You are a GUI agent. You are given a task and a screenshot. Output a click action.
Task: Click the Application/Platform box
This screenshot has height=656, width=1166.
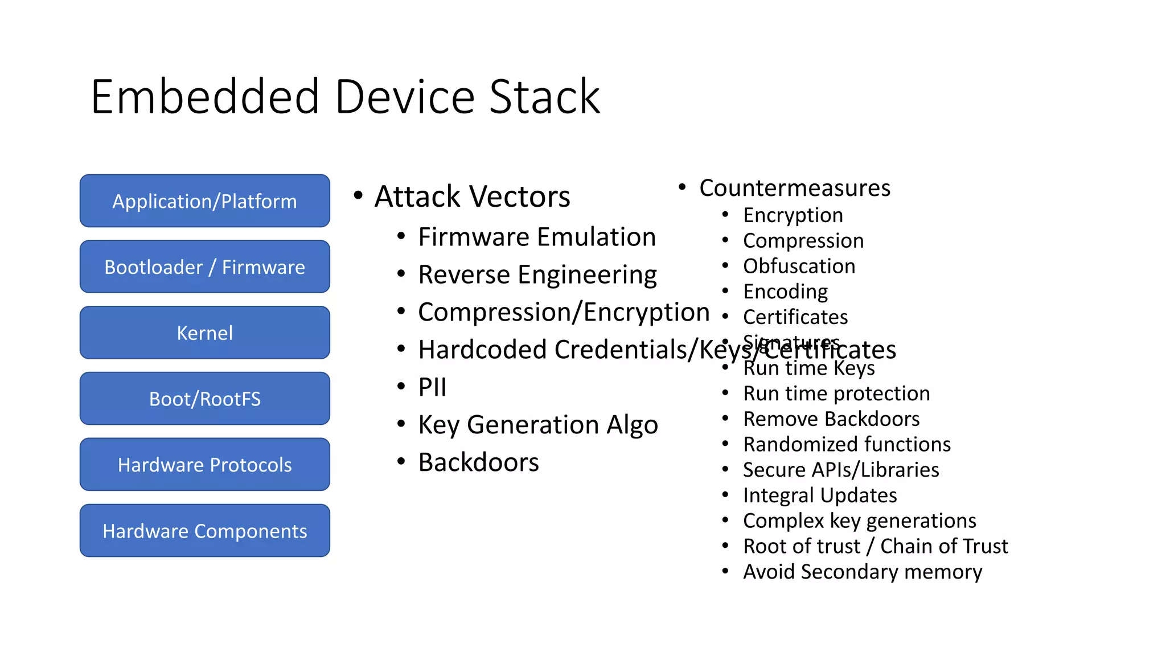[x=204, y=201]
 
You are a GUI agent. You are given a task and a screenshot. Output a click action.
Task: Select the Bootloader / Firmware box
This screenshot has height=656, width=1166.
[x=204, y=267]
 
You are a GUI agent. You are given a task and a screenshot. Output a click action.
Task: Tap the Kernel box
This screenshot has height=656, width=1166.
[x=204, y=333]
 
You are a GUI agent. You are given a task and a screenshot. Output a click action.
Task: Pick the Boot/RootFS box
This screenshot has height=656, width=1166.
[x=204, y=399]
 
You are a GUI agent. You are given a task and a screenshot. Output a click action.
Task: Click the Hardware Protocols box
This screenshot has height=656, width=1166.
[x=204, y=465]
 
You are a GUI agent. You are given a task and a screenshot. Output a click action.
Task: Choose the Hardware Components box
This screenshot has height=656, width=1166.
[x=204, y=531]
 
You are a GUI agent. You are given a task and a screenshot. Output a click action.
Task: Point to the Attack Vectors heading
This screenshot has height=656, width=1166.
[x=472, y=196]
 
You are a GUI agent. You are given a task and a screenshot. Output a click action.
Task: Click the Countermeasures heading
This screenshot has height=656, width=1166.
[x=794, y=188]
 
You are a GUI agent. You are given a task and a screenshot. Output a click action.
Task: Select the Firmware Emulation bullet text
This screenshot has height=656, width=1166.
[x=536, y=237]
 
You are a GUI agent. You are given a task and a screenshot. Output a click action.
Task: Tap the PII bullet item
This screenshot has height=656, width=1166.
[x=432, y=387]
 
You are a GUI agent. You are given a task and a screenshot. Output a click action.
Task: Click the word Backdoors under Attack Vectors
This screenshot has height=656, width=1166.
[x=478, y=462]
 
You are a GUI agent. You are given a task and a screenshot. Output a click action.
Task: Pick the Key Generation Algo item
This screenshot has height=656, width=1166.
[x=537, y=425]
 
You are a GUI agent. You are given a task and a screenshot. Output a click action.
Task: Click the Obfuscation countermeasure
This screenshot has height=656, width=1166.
[x=799, y=266]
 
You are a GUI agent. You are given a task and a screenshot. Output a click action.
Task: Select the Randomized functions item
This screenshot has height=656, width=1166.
[x=847, y=444]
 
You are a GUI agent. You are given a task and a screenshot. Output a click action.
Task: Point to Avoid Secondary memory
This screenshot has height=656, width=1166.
[x=862, y=571]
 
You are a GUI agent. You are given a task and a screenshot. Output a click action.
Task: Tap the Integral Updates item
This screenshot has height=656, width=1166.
[x=819, y=495]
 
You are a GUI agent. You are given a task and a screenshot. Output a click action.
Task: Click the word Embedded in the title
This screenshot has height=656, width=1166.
[x=205, y=97]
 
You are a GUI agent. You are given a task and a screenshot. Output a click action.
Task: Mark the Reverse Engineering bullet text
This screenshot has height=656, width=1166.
[x=537, y=274]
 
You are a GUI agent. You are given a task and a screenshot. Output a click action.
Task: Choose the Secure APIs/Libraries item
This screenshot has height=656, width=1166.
[x=840, y=470]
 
